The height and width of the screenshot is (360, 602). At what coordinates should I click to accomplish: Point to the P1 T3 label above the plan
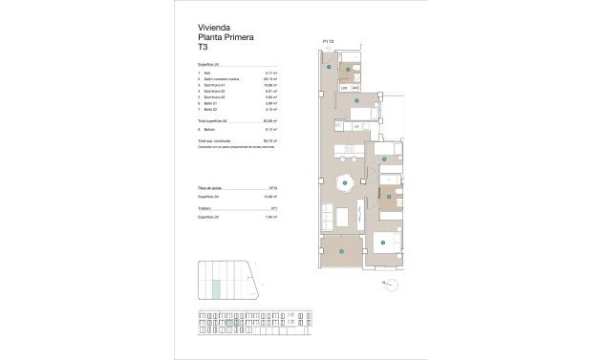pyautogui.click(x=328, y=42)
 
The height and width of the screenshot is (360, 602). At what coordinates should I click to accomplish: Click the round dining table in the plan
pyautogui.click(x=346, y=183)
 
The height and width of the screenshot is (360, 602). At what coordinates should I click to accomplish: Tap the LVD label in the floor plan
pyautogui.click(x=344, y=88)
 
